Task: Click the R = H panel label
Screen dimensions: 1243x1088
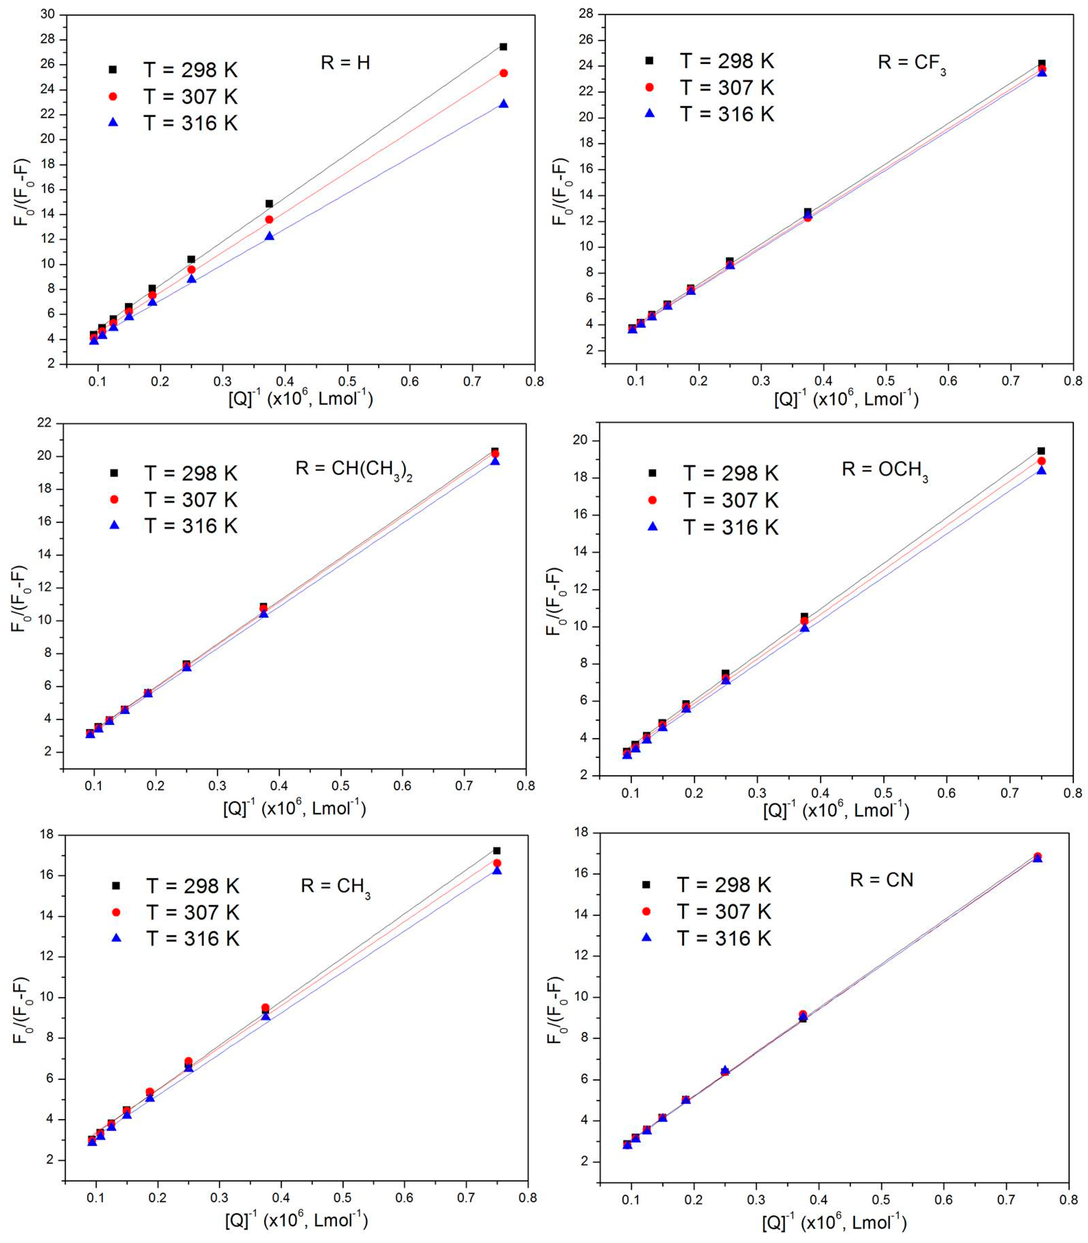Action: tap(345, 63)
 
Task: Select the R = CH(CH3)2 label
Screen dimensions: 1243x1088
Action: tap(354, 469)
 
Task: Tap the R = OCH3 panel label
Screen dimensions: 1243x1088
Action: tap(885, 470)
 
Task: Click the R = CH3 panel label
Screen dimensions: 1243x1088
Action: tap(335, 886)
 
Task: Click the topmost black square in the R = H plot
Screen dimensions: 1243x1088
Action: tap(503, 47)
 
